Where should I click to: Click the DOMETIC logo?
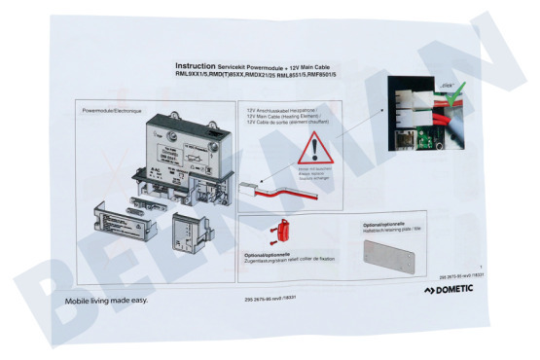pos(455,291)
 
